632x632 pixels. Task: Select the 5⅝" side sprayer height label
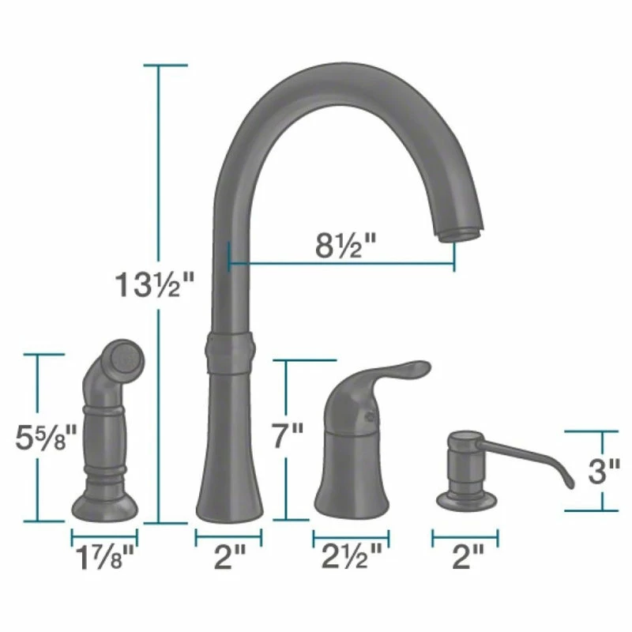(47, 437)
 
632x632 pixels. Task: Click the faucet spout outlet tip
(459, 231)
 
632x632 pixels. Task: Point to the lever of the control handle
(403, 371)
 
